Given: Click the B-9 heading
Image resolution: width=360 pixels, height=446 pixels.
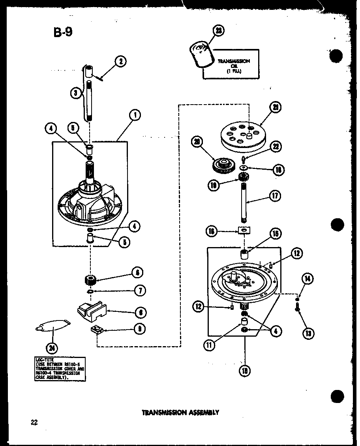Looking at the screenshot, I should coord(63,32).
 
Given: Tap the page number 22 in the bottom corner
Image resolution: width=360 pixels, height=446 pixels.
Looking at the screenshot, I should coord(34,422).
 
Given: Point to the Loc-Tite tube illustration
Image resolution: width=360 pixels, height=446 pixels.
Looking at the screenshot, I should coord(52,326).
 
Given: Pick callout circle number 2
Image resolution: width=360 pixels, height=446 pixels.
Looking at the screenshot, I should coord(120,61).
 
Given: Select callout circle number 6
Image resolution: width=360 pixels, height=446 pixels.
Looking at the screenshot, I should coord(136,272).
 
